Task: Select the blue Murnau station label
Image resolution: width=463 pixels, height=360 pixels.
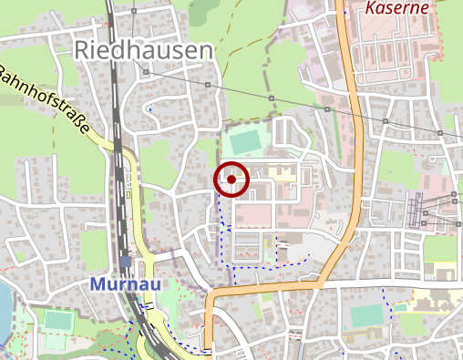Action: pyautogui.click(x=126, y=284)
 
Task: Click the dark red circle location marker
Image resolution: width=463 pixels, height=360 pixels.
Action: pyautogui.click(x=232, y=180)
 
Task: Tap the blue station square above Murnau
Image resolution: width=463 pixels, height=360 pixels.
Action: pyautogui.click(x=125, y=262)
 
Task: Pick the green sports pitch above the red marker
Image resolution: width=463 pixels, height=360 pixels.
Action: pyautogui.click(x=244, y=142)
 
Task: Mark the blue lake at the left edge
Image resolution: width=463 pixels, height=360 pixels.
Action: pyautogui.click(x=4, y=310)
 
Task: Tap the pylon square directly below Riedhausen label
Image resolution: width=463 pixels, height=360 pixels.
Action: pyautogui.click(x=144, y=72)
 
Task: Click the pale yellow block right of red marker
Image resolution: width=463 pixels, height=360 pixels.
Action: pyautogui.click(x=283, y=170)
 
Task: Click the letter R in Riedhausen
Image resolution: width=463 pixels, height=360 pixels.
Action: pyautogui.click(x=83, y=51)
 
